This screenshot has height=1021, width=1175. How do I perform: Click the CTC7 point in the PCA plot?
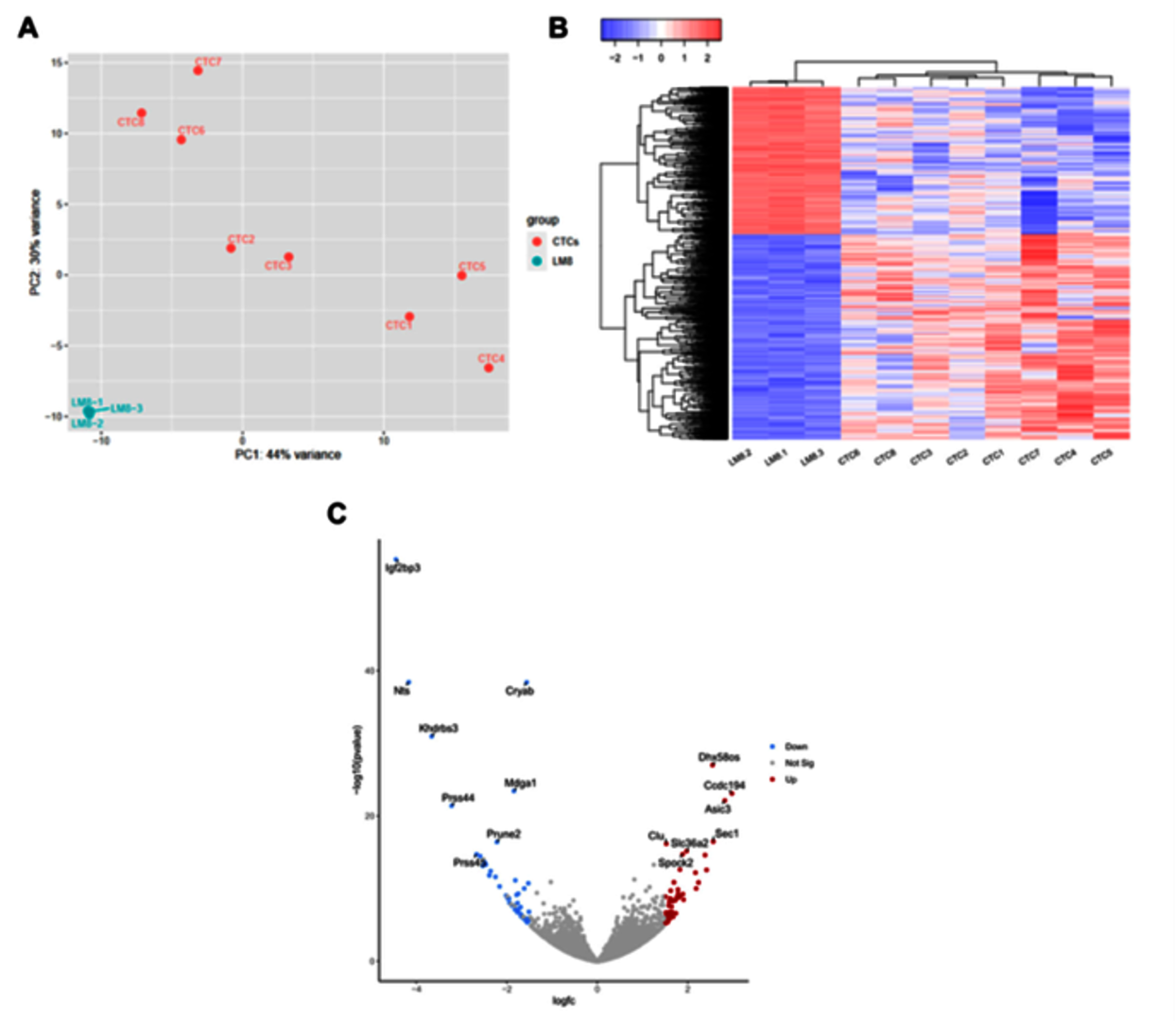[199, 71]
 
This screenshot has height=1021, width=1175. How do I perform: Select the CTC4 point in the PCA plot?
[489, 368]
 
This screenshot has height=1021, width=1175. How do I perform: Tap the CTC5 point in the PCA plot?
[462, 275]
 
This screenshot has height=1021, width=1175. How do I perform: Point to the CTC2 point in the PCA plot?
[231, 248]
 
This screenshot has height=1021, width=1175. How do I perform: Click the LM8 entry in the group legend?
[562, 261]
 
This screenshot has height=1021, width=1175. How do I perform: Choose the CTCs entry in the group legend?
[564, 241]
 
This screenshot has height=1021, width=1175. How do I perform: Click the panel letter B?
[559, 28]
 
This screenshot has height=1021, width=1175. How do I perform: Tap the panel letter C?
[337, 513]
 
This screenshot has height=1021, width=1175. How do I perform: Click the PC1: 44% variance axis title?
[287, 455]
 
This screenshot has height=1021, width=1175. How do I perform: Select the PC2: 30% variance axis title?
[36, 242]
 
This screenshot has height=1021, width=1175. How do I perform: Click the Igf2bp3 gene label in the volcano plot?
[403, 568]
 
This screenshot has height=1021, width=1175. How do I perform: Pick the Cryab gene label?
[520, 691]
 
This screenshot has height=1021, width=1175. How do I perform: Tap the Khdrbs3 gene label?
[439, 728]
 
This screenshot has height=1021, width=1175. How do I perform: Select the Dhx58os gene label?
[719, 757]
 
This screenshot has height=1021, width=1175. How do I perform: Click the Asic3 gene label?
[717, 809]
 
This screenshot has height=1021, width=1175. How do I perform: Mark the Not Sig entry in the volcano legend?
[799, 763]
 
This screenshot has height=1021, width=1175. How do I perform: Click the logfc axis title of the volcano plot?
[563, 1000]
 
